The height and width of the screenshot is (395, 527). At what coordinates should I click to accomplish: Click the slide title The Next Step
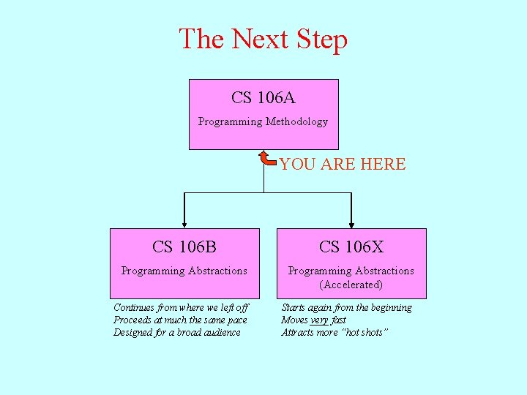[263, 39]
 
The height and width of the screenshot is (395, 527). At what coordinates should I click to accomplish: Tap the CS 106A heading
[263, 97]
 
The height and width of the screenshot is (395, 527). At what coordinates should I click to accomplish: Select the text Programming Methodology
[263, 121]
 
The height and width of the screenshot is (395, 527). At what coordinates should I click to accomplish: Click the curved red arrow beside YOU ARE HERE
[267, 158]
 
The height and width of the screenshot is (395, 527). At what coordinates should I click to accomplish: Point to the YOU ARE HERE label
[343, 165]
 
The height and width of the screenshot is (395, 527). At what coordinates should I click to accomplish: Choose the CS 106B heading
[184, 247]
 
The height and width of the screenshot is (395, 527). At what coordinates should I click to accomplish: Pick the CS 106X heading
[351, 247]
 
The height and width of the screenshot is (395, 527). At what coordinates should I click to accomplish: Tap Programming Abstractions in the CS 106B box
[184, 271]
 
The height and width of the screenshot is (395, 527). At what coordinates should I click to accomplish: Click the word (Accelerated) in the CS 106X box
[351, 285]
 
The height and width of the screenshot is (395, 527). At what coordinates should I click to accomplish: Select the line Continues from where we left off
[181, 308]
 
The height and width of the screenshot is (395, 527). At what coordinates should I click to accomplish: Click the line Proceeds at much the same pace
[180, 320]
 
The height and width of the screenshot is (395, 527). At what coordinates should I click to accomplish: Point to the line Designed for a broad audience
[177, 333]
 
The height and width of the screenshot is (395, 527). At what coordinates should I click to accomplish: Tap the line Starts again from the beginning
[347, 308]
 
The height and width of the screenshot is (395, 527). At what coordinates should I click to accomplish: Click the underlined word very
[319, 320]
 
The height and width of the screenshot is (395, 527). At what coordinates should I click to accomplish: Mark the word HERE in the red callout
[383, 165]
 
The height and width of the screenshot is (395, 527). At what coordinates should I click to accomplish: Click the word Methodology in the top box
[296, 121]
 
